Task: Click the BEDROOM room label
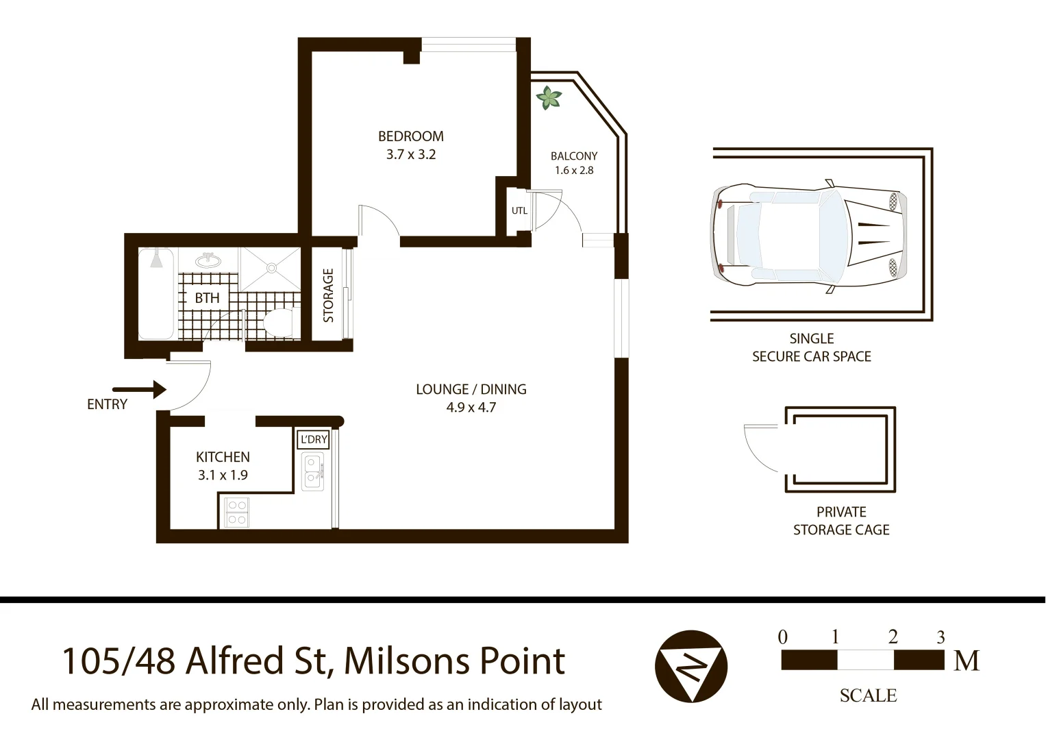(x=410, y=136)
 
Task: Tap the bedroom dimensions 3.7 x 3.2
(x=410, y=155)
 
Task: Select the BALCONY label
(x=573, y=156)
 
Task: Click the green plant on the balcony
(x=548, y=98)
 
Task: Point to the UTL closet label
(x=519, y=210)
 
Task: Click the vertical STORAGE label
(x=328, y=295)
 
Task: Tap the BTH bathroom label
(x=207, y=298)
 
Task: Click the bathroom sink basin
(x=208, y=261)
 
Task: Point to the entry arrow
(x=140, y=390)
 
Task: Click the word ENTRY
(x=107, y=404)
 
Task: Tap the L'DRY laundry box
(x=314, y=440)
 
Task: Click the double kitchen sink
(x=313, y=471)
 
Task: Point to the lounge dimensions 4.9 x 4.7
(x=471, y=408)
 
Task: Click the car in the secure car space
(x=808, y=237)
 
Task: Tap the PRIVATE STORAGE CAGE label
(x=840, y=521)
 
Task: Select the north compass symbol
(x=690, y=666)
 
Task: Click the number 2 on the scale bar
(x=893, y=637)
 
